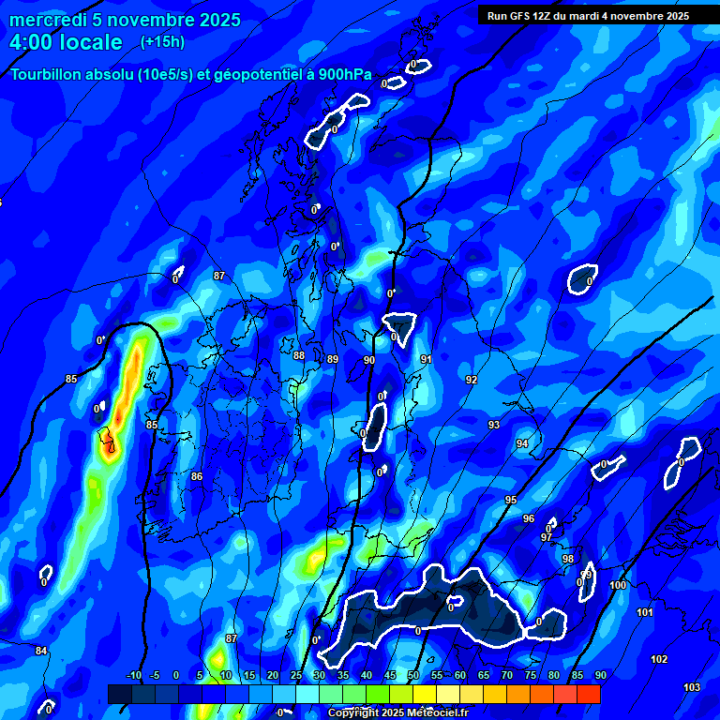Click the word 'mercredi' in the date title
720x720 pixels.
click(x=48, y=21)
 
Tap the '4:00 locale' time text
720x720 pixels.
click(x=67, y=42)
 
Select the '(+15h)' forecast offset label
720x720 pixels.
click(x=162, y=41)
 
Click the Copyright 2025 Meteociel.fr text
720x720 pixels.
click(x=397, y=712)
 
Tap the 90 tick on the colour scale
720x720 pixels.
click(x=600, y=675)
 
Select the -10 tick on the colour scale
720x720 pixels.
click(x=133, y=675)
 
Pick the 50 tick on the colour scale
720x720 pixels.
click(x=413, y=675)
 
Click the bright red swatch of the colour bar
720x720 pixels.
click(x=589, y=694)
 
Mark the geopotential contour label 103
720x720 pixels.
click(x=692, y=687)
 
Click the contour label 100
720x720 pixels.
click(x=618, y=585)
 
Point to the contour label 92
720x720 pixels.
click(x=472, y=380)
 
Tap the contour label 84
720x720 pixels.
click(x=41, y=651)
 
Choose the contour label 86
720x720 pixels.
click(x=197, y=476)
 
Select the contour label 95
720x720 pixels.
click(x=511, y=500)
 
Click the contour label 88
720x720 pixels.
click(x=299, y=355)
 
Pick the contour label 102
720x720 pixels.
click(x=659, y=659)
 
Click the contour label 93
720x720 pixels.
click(x=494, y=425)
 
